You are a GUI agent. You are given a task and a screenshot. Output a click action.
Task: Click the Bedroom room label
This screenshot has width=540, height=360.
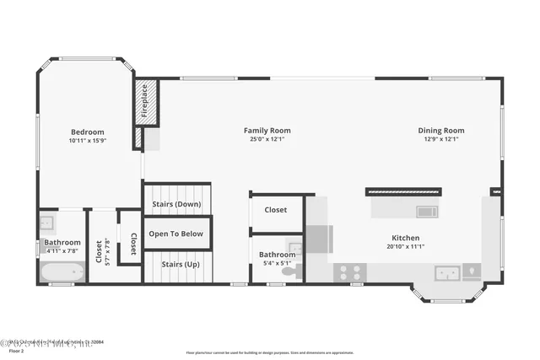(88, 132)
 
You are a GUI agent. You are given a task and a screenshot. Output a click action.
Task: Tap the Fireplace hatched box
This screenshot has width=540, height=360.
(146, 103)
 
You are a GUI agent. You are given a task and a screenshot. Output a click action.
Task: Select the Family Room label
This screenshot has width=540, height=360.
(267, 130)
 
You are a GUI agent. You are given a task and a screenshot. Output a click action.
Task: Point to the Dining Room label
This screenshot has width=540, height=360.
(441, 130)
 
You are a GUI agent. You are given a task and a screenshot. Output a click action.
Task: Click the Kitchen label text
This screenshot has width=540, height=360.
(406, 237)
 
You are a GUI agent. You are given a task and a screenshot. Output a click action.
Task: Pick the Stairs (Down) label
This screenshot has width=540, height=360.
(176, 204)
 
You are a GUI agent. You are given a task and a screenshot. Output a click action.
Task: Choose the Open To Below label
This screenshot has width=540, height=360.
(176, 234)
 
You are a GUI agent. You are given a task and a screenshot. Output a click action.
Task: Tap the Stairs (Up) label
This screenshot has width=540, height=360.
(176, 263)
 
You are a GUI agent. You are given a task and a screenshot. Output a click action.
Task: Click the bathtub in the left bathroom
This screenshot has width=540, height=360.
(62, 271)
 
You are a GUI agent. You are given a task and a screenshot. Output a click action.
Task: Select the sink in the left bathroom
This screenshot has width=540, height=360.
(47, 223)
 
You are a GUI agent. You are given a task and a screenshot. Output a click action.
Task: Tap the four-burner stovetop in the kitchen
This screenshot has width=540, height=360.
(350, 272)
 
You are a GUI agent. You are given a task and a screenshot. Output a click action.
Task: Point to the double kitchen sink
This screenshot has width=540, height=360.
(447, 272)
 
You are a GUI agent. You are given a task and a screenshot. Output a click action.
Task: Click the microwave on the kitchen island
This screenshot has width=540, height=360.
(427, 211)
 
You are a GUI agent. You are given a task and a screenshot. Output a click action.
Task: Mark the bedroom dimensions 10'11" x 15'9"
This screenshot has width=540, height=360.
(88, 141)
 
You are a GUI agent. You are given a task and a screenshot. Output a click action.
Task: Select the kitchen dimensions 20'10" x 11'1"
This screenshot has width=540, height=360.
(406, 246)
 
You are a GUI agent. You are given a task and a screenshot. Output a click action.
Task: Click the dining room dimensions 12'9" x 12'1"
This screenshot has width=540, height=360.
(441, 139)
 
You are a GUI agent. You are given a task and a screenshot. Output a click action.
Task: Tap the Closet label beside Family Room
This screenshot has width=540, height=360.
(276, 210)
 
